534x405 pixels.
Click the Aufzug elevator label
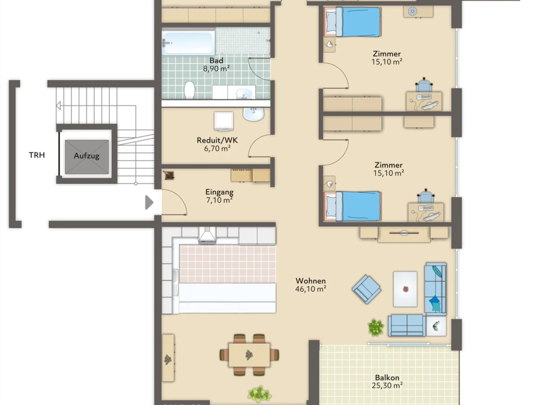tap(87, 156)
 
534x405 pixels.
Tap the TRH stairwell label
tap(37, 155)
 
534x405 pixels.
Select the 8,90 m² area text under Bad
tap(216, 68)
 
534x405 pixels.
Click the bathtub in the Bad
tap(188, 42)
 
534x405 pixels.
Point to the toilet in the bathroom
tap(189, 90)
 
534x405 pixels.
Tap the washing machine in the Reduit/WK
tap(224, 121)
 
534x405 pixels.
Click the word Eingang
tap(219, 192)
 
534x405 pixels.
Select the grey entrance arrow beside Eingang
tap(149, 202)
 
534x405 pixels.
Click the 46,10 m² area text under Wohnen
tap(311, 289)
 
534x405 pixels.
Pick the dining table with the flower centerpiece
tap(249, 355)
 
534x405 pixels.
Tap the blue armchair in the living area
tap(367, 289)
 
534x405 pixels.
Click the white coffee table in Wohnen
tap(405, 289)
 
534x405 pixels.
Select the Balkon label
tap(387, 377)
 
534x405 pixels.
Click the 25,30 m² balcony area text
tap(387, 385)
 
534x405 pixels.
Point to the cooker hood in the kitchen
tap(207, 234)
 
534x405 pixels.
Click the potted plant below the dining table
tap(259, 393)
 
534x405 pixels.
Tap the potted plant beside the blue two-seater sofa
tap(376, 327)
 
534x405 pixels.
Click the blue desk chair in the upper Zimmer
tap(424, 86)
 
